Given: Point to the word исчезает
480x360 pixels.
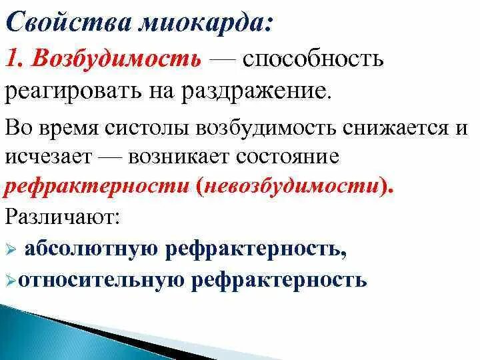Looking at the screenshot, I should pos(48,157).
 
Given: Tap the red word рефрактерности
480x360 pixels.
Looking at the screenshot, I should pos(96,187).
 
